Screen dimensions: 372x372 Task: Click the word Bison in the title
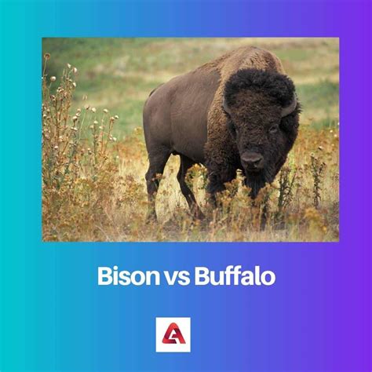pyautogui.click(x=122, y=276)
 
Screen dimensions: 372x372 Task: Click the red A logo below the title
pyautogui.click(x=173, y=334)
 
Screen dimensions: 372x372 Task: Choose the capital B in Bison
pyautogui.click(x=104, y=276)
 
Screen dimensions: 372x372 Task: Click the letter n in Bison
pyautogui.click(x=144, y=277)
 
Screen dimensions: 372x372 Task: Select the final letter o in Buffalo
pyautogui.click(x=269, y=277)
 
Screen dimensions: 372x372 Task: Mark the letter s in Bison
pyautogui.click(x=122, y=277)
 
